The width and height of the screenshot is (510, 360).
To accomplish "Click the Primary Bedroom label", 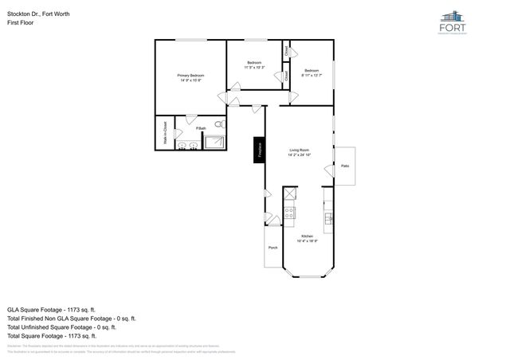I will pyautogui.click(x=190, y=75).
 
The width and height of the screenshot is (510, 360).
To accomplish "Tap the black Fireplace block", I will pyautogui.click(x=259, y=149).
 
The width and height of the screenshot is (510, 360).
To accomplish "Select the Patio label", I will pyautogui.click(x=344, y=166).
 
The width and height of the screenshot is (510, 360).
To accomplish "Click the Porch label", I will pyautogui.click(x=273, y=248).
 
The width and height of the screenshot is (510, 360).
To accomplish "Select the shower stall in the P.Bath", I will pyautogui.click(x=215, y=142).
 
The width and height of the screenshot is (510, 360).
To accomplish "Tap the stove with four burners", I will pyautogui.click(x=289, y=213).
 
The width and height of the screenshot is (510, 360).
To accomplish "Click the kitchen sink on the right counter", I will pyautogui.click(x=328, y=217).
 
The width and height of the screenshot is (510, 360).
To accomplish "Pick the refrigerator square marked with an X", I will pyautogui.click(x=290, y=194).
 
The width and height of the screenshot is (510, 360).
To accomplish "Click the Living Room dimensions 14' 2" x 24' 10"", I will pyautogui.click(x=300, y=155).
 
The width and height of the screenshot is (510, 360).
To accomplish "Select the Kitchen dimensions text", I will pyautogui.click(x=307, y=241).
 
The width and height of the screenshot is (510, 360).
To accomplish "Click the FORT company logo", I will pyautogui.click(x=452, y=24).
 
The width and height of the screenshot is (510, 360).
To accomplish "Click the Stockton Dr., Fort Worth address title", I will pyautogui.click(x=38, y=14).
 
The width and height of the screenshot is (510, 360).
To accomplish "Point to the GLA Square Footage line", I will pyautogui.click(x=51, y=309).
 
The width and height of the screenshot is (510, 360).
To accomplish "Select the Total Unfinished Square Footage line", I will pyautogui.click(x=61, y=327).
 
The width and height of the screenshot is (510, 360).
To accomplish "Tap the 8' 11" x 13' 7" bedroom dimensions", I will pyautogui.click(x=312, y=75).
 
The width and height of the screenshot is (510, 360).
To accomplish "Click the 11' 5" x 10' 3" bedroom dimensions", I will pyautogui.click(x=254, y=68).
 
